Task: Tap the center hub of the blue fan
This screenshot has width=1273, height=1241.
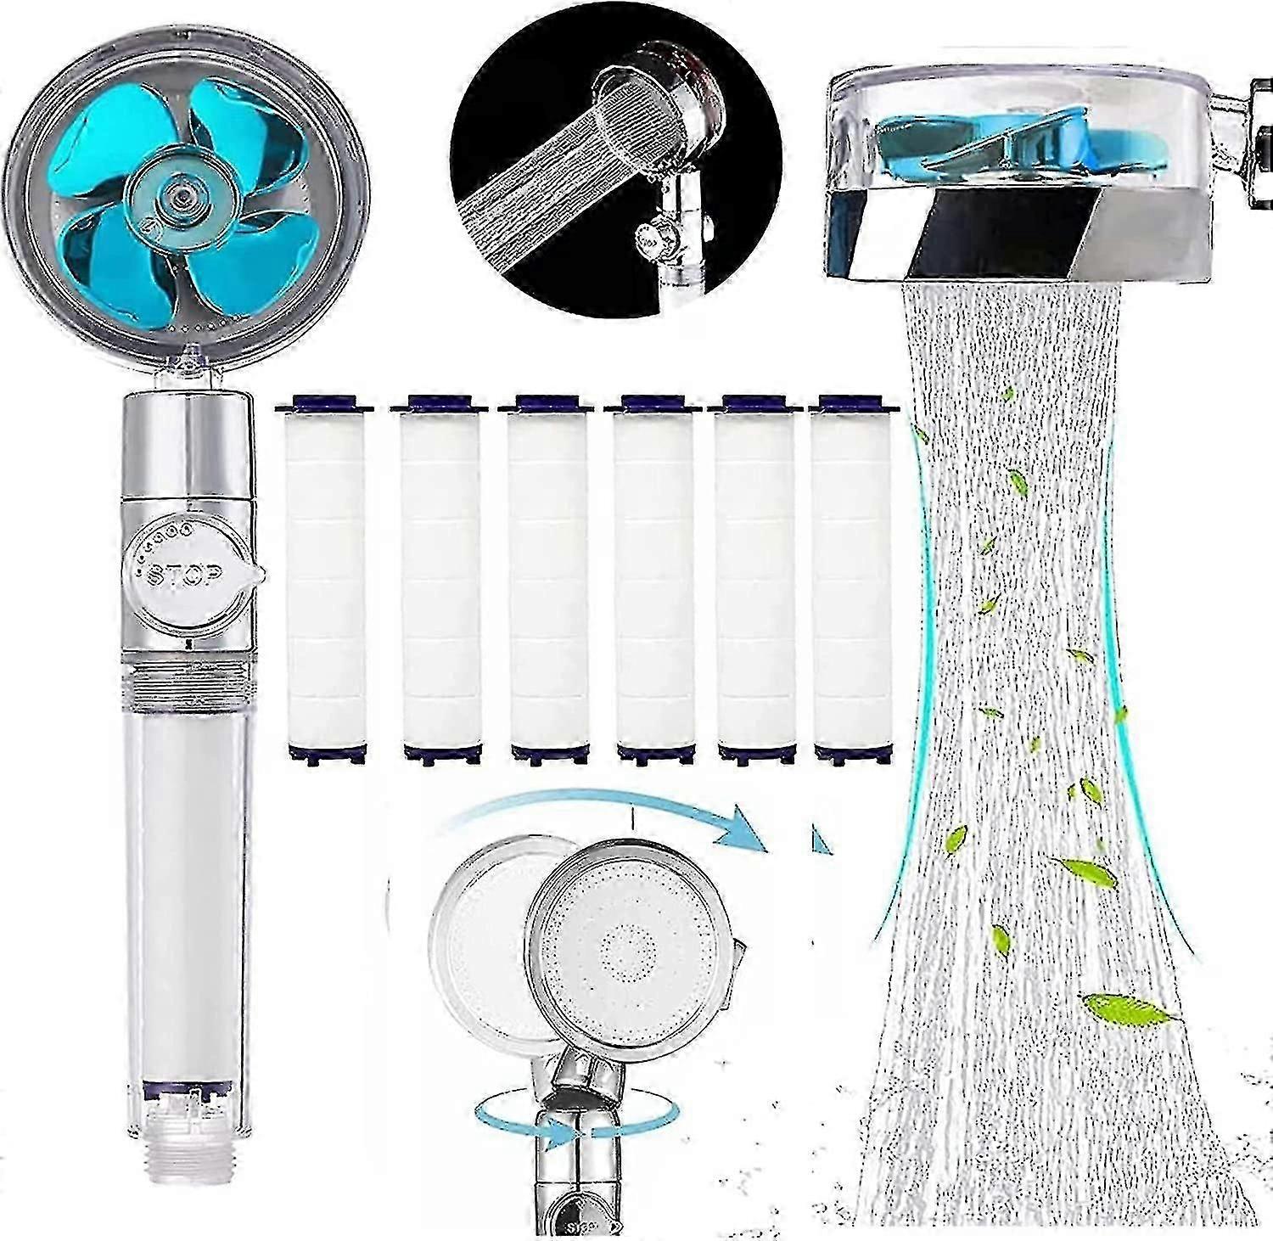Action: click(177, 196)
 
